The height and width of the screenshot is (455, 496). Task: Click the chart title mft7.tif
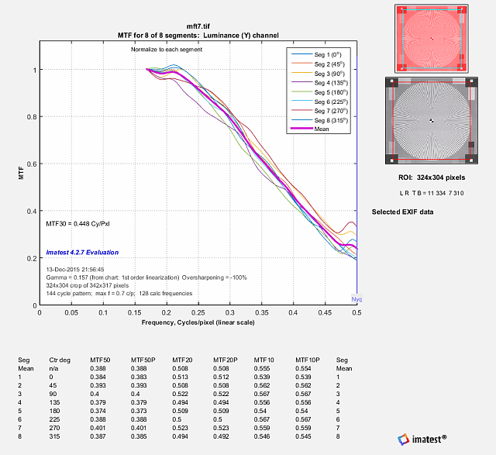pos(198,26)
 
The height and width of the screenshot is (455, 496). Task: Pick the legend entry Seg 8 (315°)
pos(317,120)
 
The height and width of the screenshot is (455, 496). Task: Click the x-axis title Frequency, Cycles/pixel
pos(198,322)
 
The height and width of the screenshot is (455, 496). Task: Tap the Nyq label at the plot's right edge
pos(356,299)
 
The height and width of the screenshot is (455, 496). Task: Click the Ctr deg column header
pos(60,360)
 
